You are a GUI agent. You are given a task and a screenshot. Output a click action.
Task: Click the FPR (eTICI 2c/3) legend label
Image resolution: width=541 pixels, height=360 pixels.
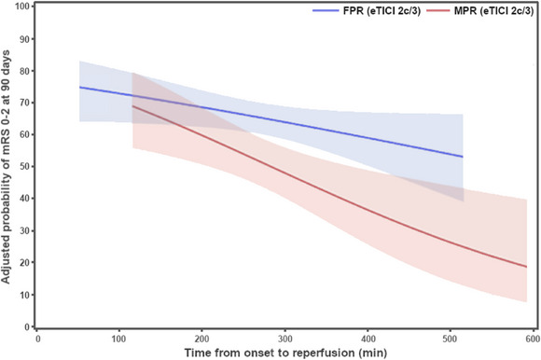pyautogui.click(x=381, y=11)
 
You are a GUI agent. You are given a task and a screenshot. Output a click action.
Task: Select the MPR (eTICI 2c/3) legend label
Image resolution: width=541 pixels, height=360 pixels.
pyautogui.click(x=493, y=11)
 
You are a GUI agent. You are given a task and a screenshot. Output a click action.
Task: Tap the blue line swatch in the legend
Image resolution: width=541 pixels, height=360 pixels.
pyautogui.click(x=326, y=11)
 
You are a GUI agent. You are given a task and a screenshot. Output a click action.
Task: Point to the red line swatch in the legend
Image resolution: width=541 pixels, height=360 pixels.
pyautogui.click(x=438, y=11)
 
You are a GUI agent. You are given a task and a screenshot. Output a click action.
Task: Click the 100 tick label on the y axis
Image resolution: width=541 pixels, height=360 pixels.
pyautogui.click(x=21, y=7)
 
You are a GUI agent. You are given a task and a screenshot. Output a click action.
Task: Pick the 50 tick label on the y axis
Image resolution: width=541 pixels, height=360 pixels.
pyautogui.click(x=24, y=167)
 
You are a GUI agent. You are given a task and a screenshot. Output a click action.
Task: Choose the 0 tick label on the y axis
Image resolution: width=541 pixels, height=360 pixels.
pyautogui.click(x=27, y=326)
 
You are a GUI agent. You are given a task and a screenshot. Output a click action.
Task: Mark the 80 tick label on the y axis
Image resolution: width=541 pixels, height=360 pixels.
pyautogui.click(x=24, y=71)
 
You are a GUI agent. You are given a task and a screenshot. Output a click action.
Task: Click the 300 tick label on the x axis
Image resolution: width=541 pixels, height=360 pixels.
pyautogui.click(x=285, y=339)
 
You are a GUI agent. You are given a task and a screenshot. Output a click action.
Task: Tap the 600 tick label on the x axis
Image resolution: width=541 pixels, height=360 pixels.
pyautogui.click(x=533, y=339)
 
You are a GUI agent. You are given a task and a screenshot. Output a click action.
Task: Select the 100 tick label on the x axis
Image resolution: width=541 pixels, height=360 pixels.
pyautogui.click(x=119, y=339)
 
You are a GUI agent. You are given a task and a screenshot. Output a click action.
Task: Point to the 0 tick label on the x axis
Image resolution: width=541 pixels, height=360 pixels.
pyautogui.click(x=37, y=339)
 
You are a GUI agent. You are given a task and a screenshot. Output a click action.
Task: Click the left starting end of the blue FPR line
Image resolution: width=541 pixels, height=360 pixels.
pyautogui.click(x=79, y=87)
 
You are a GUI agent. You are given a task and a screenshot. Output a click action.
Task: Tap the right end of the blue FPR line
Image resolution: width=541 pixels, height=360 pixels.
pyautogui.click(x=463, y=157)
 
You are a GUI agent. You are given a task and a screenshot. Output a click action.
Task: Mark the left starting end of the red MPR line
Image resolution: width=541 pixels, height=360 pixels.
pyautogui.click(x=132, y=105)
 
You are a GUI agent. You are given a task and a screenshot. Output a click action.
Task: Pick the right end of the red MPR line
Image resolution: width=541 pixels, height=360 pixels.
pyautogui.click(x=527, y=267)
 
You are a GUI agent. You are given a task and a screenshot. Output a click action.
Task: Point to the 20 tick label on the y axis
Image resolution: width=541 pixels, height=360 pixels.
pyautogui.click(x=24, y=263)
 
